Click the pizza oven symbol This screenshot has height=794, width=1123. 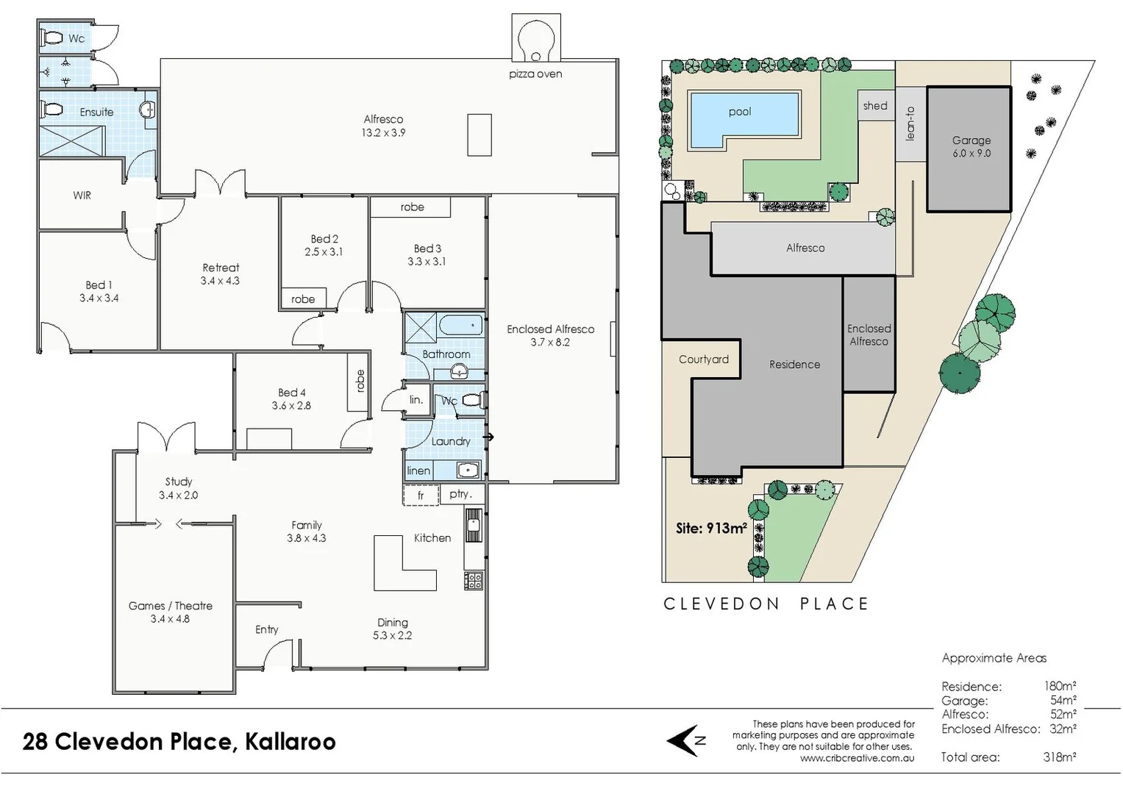pyautogui.click(x=535, y=40)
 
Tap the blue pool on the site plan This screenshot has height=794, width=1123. pyautogui.click(x=739, y=112)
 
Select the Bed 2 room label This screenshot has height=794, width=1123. pyautogui.click(x=324, y=245)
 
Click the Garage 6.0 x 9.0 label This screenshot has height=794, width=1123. pyautogui.click(x=971, y=146)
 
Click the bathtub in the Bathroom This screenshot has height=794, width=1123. pyautogui.click(x=461, y=324)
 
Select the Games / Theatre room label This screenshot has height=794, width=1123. pyautogui.click(x=170, y=612)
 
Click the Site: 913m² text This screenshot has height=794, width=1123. pyautogui.click(x=710, y=528)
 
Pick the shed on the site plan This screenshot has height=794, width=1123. pyautogui.click(x=875, y=106)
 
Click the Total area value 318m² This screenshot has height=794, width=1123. pyautogui.click(x=1059, y=757)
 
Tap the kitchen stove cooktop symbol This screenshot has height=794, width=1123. pyautogui.click(x=474, y=580)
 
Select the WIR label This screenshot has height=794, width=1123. pyautogui.click(x=82, y=196)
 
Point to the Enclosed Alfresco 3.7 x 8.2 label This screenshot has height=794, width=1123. pyautogui.click(x=550, y=335)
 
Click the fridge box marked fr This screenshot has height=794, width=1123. pyautogui.click(x=421, y=496)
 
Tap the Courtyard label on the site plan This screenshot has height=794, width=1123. pyautogui.click(x=703, y=360)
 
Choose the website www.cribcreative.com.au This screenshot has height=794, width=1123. pyautogui.click(x=857, y=758)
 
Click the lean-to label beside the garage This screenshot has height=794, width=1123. pyautogui.click(x=910, y=124)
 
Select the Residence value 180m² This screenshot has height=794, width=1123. pyautogui.click(x=1060, y=687)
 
